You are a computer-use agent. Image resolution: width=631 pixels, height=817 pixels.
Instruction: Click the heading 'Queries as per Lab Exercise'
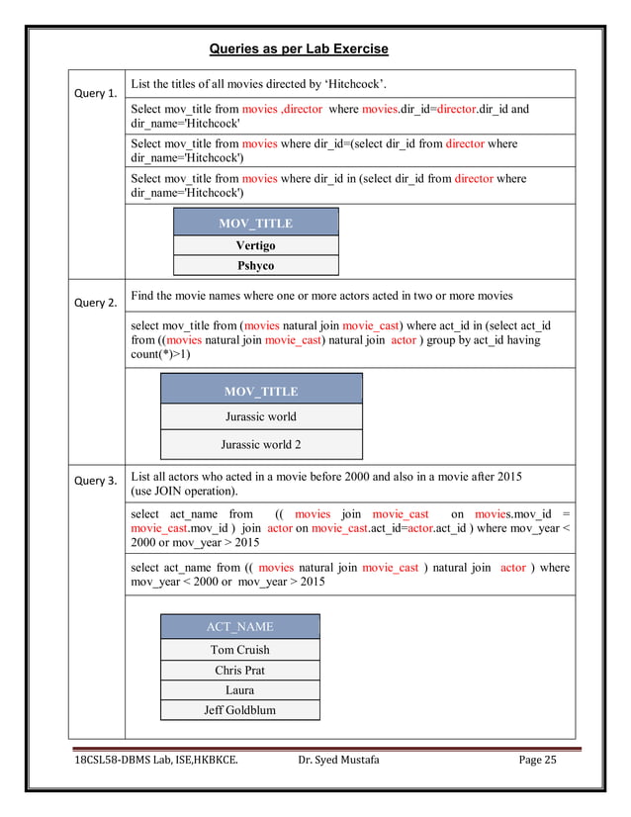[x=299, y=48]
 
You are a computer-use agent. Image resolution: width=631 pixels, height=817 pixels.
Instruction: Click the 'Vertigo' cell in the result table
[x=255, y=244]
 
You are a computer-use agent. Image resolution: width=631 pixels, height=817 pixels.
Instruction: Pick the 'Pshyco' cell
[x=255, y=265]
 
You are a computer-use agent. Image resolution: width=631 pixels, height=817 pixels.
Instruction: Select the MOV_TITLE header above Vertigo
[x=255, y=223]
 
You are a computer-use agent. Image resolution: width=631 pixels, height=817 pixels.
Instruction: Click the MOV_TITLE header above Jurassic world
[x=260, y=391]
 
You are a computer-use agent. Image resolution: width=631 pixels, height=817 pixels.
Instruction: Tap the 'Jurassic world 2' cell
[x=260, y=444]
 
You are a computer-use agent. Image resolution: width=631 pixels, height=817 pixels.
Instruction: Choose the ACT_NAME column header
[x=239, y=626]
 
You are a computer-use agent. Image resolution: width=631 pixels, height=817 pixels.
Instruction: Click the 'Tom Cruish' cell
[x=239, y=650]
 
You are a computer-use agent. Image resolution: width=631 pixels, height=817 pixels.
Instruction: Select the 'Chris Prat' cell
[x=239, y=670]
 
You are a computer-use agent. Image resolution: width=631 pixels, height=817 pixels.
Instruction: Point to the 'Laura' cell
[x=239, y=689]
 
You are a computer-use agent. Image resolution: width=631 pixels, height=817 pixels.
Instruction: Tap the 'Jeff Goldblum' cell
[x=239, y=709]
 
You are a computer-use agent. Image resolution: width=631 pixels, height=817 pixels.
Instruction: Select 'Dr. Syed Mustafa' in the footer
[x=338, y=760]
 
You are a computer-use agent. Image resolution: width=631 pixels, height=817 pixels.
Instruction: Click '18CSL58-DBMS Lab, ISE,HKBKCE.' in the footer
[x=155, y=760]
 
